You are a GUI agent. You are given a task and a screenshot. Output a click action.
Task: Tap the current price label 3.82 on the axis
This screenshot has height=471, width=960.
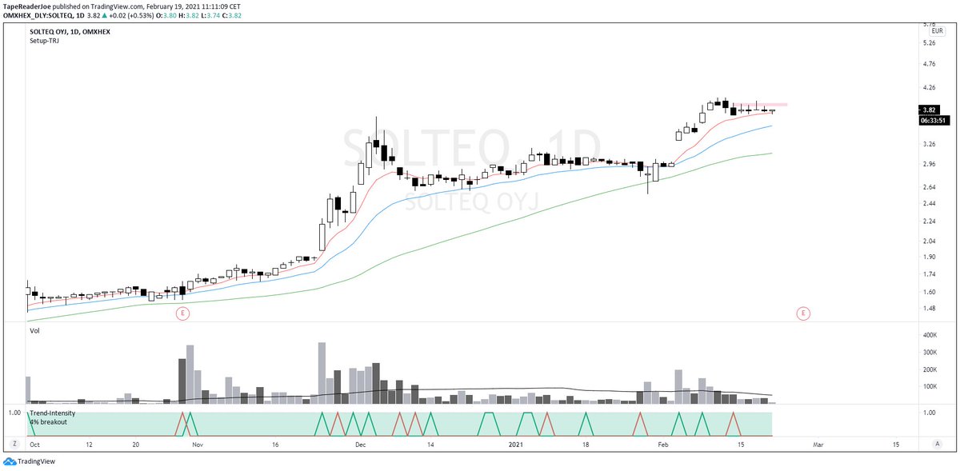tap(929, 110)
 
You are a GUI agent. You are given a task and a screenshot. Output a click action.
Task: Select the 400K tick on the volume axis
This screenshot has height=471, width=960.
tap(930, 335)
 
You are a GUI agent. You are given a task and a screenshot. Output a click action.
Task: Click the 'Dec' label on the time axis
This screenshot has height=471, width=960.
tap(361, 444)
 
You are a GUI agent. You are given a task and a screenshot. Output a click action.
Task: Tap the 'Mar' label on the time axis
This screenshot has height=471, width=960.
tap(818, 444)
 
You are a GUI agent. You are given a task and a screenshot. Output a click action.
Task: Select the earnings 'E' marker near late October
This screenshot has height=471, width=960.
tap(182, 313)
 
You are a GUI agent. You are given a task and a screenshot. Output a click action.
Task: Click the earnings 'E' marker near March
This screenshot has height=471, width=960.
tap(803, 313)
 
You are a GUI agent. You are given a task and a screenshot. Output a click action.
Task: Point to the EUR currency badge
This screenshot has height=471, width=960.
tap(928, 31)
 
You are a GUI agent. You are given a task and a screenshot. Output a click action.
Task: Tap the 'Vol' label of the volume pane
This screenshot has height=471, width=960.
tap(34, 330)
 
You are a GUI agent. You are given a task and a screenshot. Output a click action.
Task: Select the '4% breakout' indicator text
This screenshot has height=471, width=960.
tap(50, 421)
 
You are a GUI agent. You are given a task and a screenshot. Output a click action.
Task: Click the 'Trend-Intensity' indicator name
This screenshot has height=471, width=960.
tap(53, 413)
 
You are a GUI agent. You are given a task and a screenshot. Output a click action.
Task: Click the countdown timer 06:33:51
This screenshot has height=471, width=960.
tap(934, 121)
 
